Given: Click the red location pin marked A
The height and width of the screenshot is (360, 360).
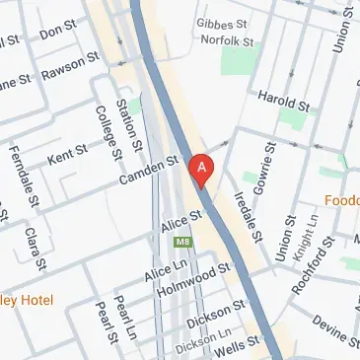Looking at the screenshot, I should click(x=202, y=169).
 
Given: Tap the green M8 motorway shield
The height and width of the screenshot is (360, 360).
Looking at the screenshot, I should click(x=181, y=242).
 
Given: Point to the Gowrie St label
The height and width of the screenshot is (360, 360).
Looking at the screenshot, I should click(x=266, y=172).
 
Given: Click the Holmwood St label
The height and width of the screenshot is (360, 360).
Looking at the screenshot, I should click(x=198, y=278).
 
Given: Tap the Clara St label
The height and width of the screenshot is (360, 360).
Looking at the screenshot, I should click(x=37, y=251).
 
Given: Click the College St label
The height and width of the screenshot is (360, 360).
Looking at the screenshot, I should click(x=110, y=133).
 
